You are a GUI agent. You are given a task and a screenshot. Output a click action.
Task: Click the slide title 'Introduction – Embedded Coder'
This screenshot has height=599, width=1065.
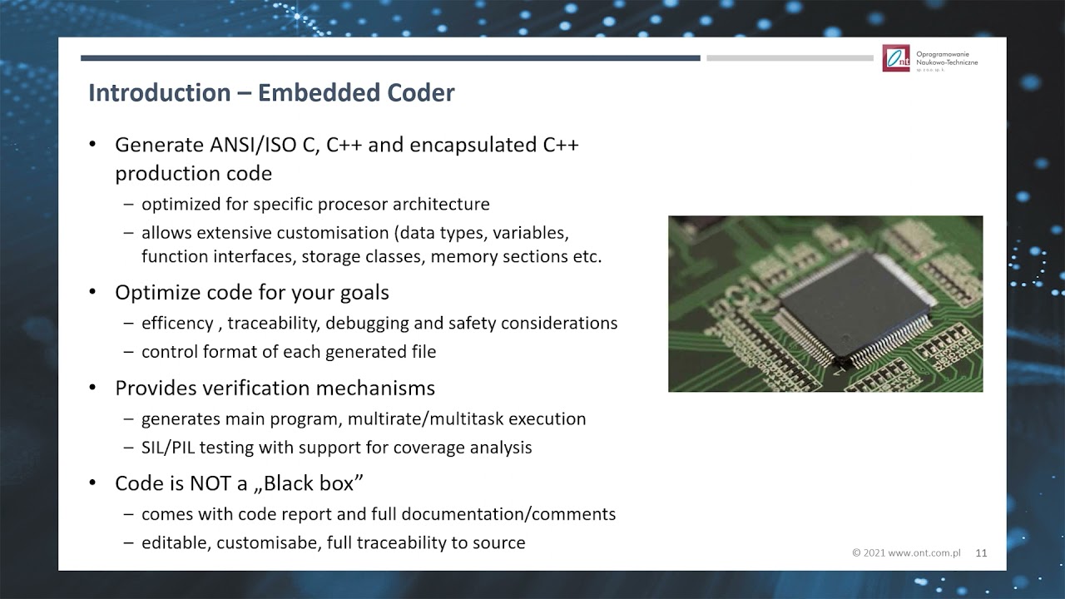271,92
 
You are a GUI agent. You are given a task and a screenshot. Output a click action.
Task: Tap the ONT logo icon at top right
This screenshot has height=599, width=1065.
896,58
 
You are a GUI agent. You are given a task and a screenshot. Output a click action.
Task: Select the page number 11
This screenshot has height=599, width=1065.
981,552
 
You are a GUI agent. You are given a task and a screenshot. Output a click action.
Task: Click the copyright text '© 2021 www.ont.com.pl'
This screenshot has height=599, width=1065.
906,552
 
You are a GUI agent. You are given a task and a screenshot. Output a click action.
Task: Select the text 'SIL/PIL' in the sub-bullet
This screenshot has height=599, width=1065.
171,448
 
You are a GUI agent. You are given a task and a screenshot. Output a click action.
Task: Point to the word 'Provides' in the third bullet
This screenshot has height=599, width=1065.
154,388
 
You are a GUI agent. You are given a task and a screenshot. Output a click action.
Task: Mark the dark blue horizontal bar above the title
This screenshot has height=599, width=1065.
390,58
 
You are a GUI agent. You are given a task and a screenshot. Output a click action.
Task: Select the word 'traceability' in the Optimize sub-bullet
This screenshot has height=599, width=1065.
270,323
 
